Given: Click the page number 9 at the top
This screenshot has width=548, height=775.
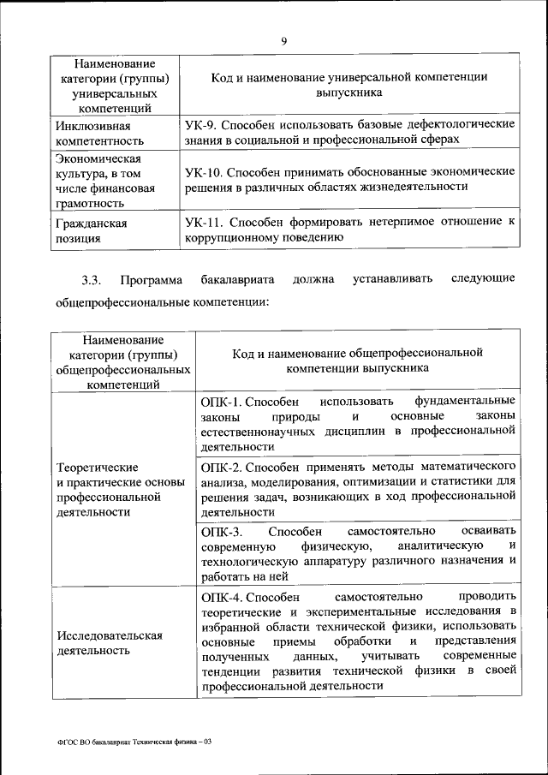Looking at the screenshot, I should coord(283,40).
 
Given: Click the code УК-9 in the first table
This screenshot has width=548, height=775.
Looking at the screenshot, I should coord(200,124).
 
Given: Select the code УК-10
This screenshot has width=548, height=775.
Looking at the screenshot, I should coord(203,172).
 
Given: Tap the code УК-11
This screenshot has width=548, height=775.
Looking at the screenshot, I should coord(203,222).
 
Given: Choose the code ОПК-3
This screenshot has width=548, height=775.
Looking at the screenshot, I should coord(218,532).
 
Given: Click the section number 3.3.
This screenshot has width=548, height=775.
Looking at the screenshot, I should coord(92,279).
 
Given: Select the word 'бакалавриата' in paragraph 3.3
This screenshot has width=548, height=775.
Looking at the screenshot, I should coord(231,279).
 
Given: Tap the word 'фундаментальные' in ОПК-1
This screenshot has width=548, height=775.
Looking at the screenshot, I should coord(465,401).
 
